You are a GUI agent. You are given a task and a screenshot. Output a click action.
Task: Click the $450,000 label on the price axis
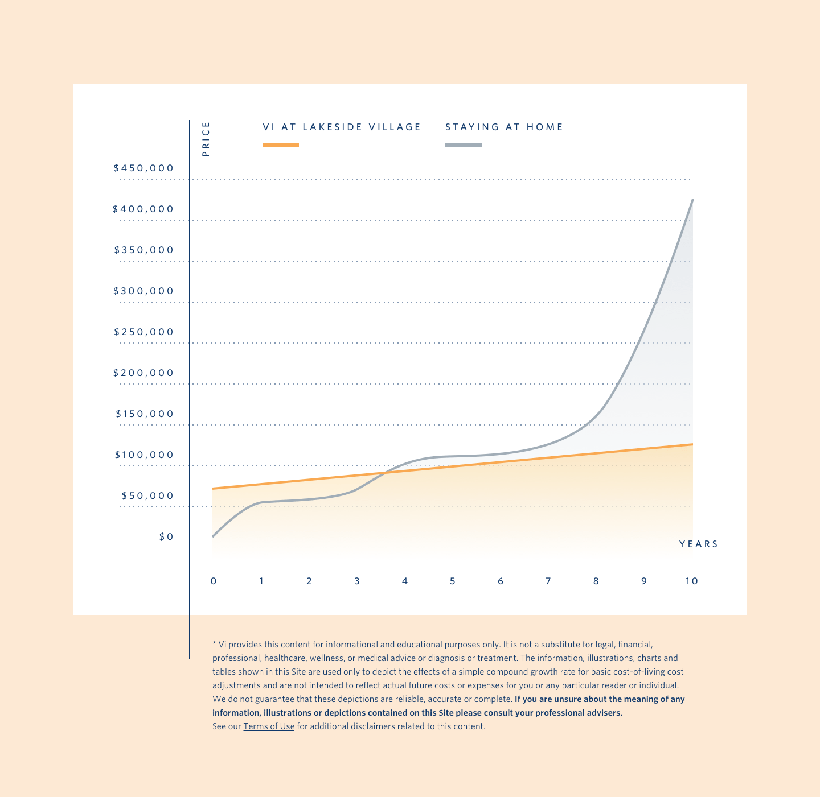pyautogui.click(x=143, y=168)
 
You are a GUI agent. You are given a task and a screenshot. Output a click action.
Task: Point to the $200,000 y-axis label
pyautogui.click(x=143, y=373)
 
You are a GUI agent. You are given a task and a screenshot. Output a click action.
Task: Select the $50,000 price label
pyautogui.click(x=147, y=496)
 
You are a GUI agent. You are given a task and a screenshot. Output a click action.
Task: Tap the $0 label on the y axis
pyautogui.click(x=166, y=537)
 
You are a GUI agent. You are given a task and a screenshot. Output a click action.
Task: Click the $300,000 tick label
pyautogui.click(x=143, y=291)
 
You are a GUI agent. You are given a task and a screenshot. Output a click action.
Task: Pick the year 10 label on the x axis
pyautogui.click(x=691, y=581)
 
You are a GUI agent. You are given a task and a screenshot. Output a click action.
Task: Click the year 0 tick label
pyautogui.click(x=214, y=581)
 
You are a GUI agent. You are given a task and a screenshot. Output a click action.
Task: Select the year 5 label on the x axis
pyautogui.click(x=453, y=581)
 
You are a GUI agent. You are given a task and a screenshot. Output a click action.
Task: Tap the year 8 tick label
pyautogui.click(x=596, y=581)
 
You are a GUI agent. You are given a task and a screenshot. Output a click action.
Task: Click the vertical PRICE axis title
pyautogui.click(x=206, y=139)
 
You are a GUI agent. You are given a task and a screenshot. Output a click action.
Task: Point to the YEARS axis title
pyautogui.click(x=699, y=544)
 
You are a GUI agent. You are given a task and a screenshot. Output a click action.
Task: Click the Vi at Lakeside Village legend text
pyautogui.click(x=342, y=127)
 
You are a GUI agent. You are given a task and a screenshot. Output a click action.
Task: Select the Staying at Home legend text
pyautogui.click(x=504, y=127)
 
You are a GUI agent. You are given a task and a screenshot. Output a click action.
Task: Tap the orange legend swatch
pyautogui.click(x=281, y=145)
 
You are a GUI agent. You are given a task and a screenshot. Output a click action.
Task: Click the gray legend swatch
pyautogui.click(x=464, y=145)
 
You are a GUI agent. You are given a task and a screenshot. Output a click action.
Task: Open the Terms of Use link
pyautogui.click(x=269, y=726)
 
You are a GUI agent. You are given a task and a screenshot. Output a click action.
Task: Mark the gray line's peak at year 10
pyautogui.click(x=692, y=200)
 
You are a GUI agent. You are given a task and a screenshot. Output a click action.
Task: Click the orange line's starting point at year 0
pyautogui.click(x=213, y=488)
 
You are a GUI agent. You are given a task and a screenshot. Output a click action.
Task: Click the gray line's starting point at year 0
pyautogui.click(x=213, y=536)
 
